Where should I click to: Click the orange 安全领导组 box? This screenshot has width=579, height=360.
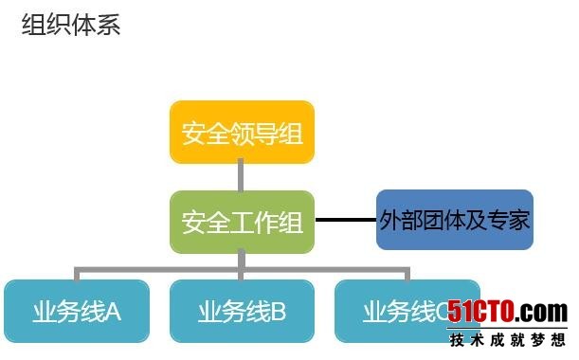(x=242, y=132)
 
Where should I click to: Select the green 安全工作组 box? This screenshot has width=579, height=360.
(x=242, y=222)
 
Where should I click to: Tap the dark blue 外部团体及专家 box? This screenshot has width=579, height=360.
(x=454, y=220)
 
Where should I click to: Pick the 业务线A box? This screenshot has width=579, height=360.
(x=76, y=310)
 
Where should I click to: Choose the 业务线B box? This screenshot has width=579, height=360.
(x=242, y=310)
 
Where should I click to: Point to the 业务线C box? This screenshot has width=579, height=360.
(x=398, y=310)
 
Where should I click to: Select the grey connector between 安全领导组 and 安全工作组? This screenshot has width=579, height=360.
(x=242, y=176)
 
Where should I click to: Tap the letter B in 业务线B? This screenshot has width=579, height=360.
(x=278, y=311)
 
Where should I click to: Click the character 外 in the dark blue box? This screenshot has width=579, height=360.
(x=389, y=221)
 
